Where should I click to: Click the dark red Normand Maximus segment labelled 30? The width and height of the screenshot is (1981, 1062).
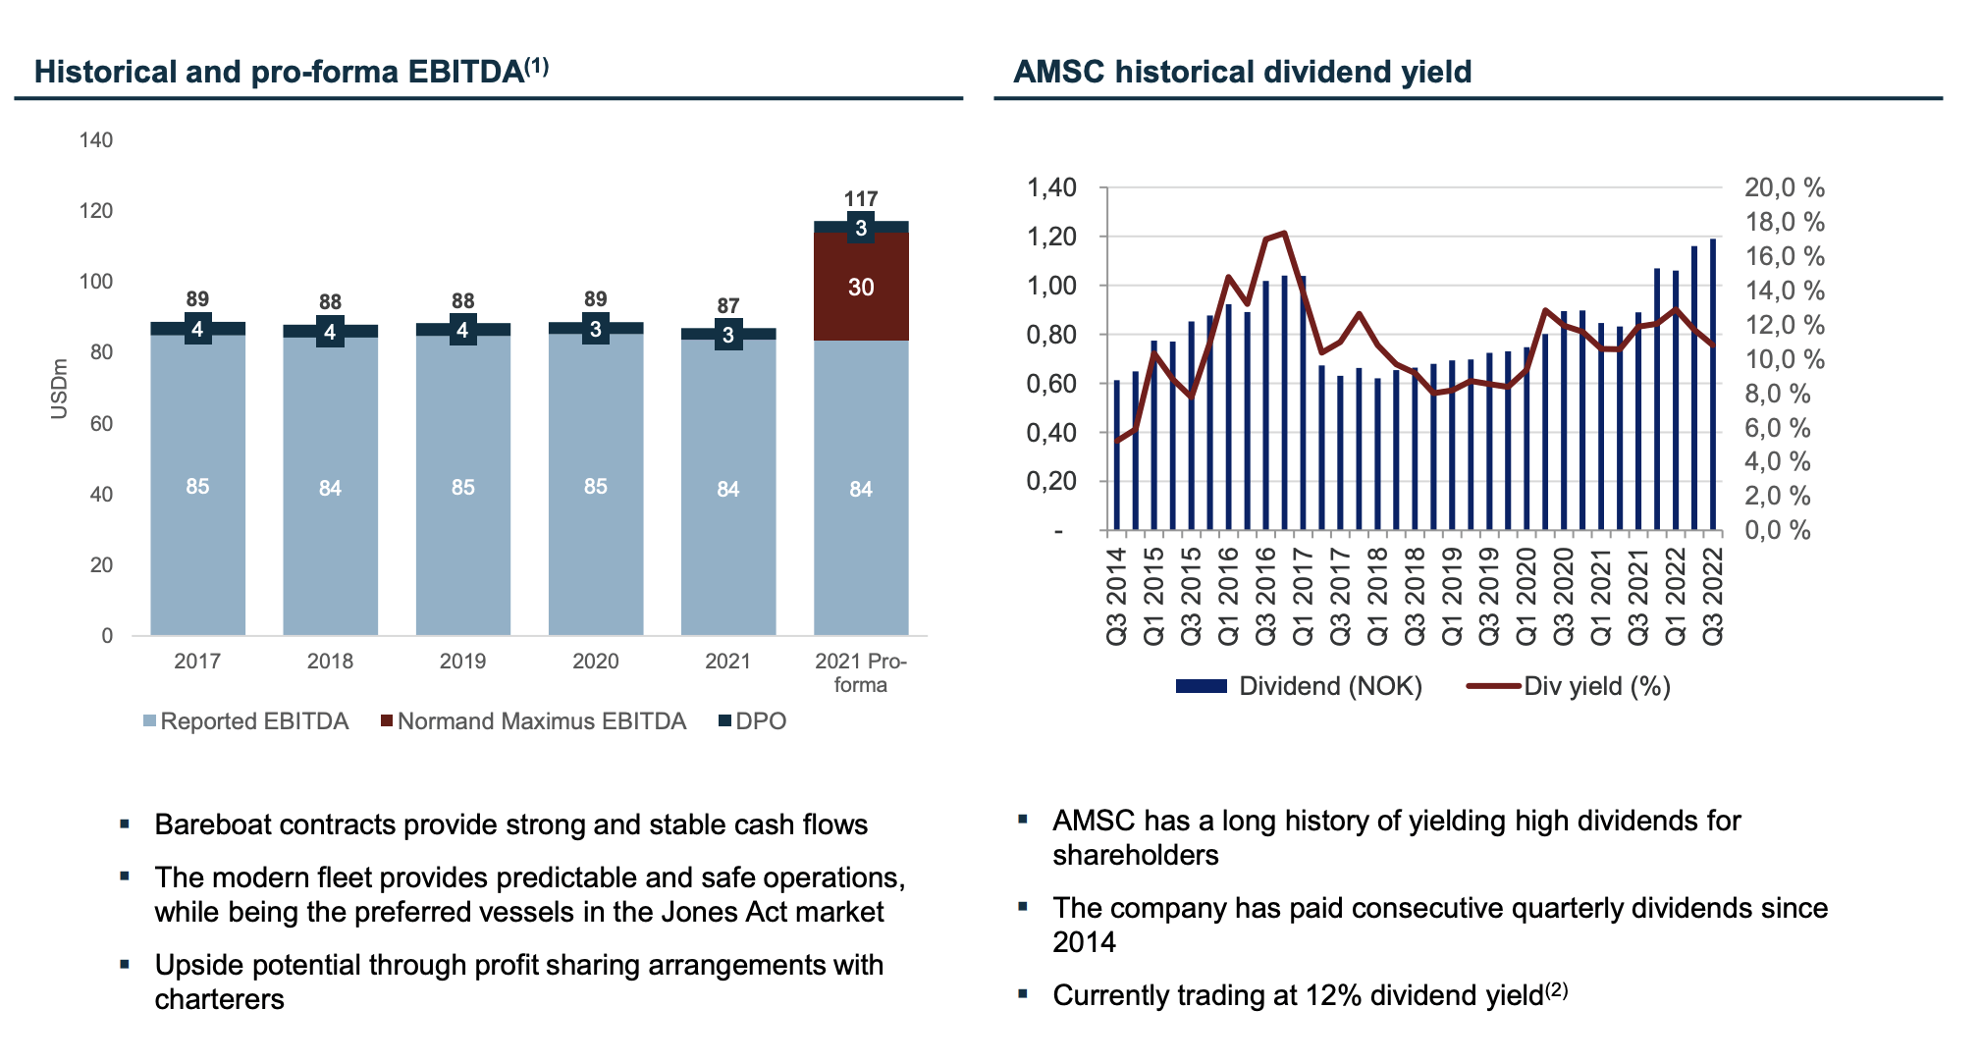click(860, 287)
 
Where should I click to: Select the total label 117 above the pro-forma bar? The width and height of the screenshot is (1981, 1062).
click(860, 198)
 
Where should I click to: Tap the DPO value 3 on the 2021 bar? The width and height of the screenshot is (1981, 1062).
click(727, 335)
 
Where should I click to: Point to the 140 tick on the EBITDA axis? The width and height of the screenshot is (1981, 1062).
click(95, 139)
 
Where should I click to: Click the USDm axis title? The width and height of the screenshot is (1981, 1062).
click(59, 389)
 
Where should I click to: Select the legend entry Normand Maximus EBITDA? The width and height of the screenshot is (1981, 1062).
click(540, 721)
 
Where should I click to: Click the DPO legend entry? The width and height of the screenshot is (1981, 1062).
click(760, 721)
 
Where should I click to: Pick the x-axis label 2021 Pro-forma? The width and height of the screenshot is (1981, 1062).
click(860, 672)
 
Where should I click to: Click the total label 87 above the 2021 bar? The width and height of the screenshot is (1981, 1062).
click(727, 305)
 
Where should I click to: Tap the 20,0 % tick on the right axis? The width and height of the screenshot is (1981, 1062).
click(1784, 187)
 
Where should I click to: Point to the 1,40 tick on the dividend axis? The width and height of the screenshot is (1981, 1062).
click(1051, 187)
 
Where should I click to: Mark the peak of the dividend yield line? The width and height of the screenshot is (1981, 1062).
click(1284, 233)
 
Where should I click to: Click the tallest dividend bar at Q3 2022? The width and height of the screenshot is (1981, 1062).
click(1713, 383)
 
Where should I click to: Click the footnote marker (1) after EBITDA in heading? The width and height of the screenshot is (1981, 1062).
click(536, 66)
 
